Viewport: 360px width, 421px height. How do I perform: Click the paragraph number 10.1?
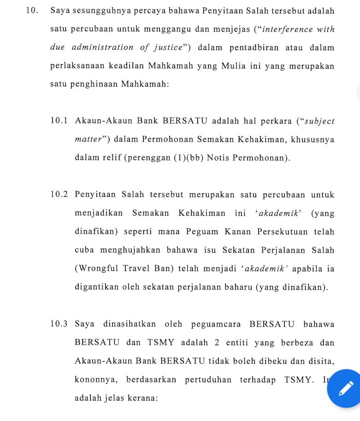pos(59,121)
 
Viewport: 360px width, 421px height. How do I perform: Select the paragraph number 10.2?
pos(59,195)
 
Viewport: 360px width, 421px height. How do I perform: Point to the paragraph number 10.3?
pos(59,324)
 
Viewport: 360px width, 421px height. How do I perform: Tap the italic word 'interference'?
pos(288,30)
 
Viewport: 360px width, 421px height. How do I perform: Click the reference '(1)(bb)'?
pos(189,158)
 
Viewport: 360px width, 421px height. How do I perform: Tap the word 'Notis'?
pos(218,158)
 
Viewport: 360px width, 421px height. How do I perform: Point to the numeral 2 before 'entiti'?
pos(217,343)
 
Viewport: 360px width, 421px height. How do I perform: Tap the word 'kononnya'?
pos(95,380)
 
